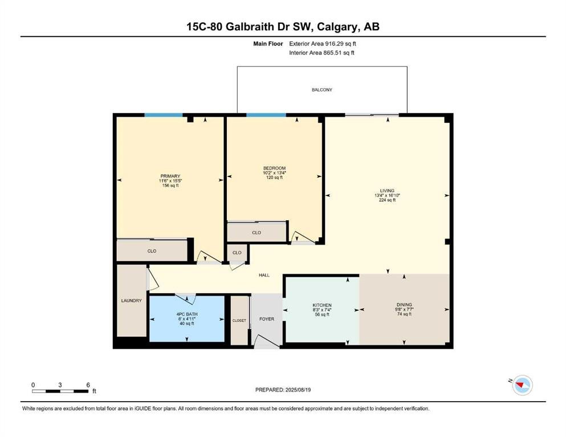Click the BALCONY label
click(x=321, y=90)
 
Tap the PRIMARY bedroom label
click(x=170, y=176)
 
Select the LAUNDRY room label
click(x=132, y=300)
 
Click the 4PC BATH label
click(x=187, y=314)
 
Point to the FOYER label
click(x=267, y=319)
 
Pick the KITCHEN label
click(x=322, y=305)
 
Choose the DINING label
click(x=404, y=304)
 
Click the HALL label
click(x=264, y=275)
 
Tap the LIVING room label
click(x=387, y=191)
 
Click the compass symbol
click(x=522, y=385)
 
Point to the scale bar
click(x=60, y=391)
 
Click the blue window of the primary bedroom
click(x=164, y=115)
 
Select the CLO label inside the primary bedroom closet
click(x=152, y=251)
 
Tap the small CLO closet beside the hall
click(x=237, y=253)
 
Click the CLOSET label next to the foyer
click(x=239, y=320)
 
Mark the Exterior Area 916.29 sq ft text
click(x=323, y=44)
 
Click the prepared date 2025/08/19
click(x=298, y=390)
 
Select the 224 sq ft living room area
click(x=387, y=200)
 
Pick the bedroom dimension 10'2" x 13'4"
click(x=274, y=172)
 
